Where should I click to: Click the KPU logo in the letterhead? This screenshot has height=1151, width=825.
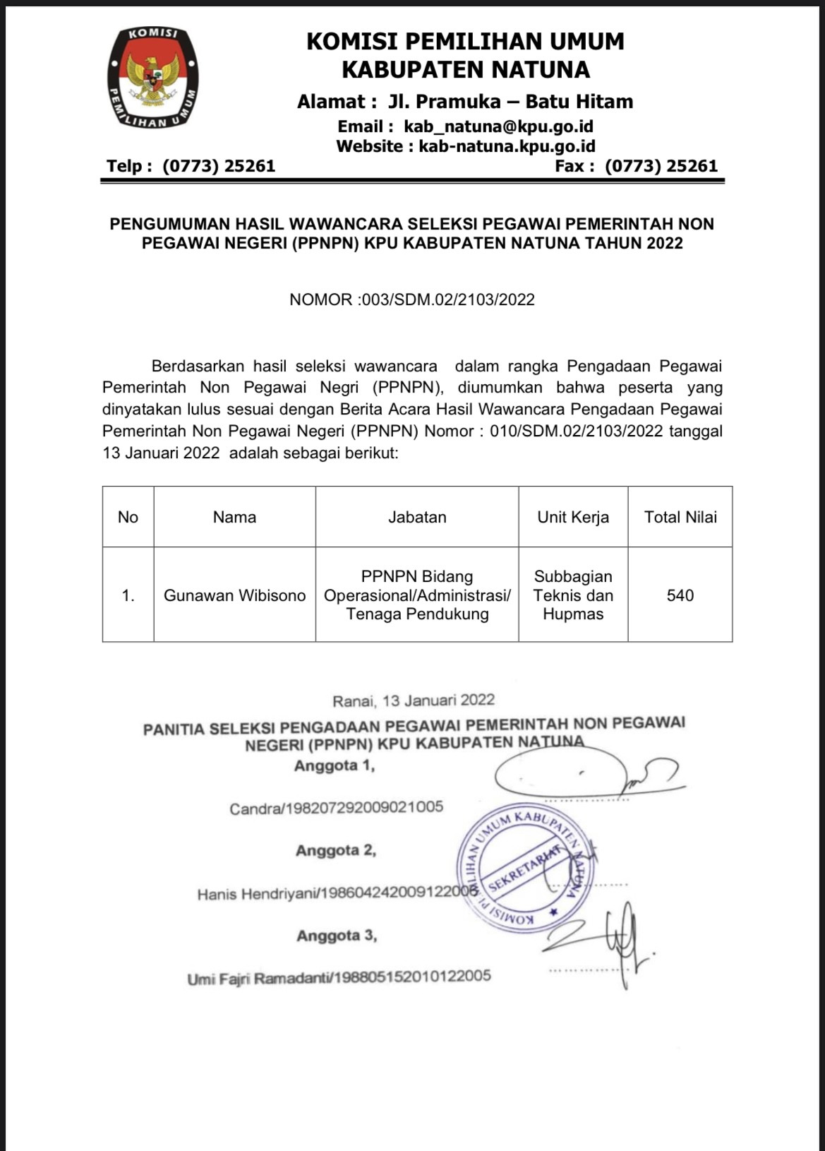coord(153,78)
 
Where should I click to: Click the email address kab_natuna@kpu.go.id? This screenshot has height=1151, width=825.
coord(498,126)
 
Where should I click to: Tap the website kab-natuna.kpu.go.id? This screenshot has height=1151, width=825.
coord(507,146)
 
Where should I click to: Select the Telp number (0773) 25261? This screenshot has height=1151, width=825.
coord(219,166)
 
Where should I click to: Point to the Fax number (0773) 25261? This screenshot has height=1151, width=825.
coord(661,166)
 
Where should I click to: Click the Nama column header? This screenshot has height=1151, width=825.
coord(234,517)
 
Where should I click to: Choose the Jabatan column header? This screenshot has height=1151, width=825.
coord(417,517)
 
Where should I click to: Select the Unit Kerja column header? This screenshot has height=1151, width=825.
coord(573,517)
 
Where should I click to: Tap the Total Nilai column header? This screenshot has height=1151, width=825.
coord(680,517)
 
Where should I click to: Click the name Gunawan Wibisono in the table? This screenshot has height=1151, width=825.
coord(234,595)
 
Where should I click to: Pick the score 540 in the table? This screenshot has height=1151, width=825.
coord(680,595)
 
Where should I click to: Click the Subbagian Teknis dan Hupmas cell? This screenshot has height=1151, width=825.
coord(573,595)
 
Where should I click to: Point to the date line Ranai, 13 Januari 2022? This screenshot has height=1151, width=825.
coord(414,700)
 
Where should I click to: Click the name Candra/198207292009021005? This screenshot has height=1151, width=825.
coord(336,808)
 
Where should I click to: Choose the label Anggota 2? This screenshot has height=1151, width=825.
coord(336,850)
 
